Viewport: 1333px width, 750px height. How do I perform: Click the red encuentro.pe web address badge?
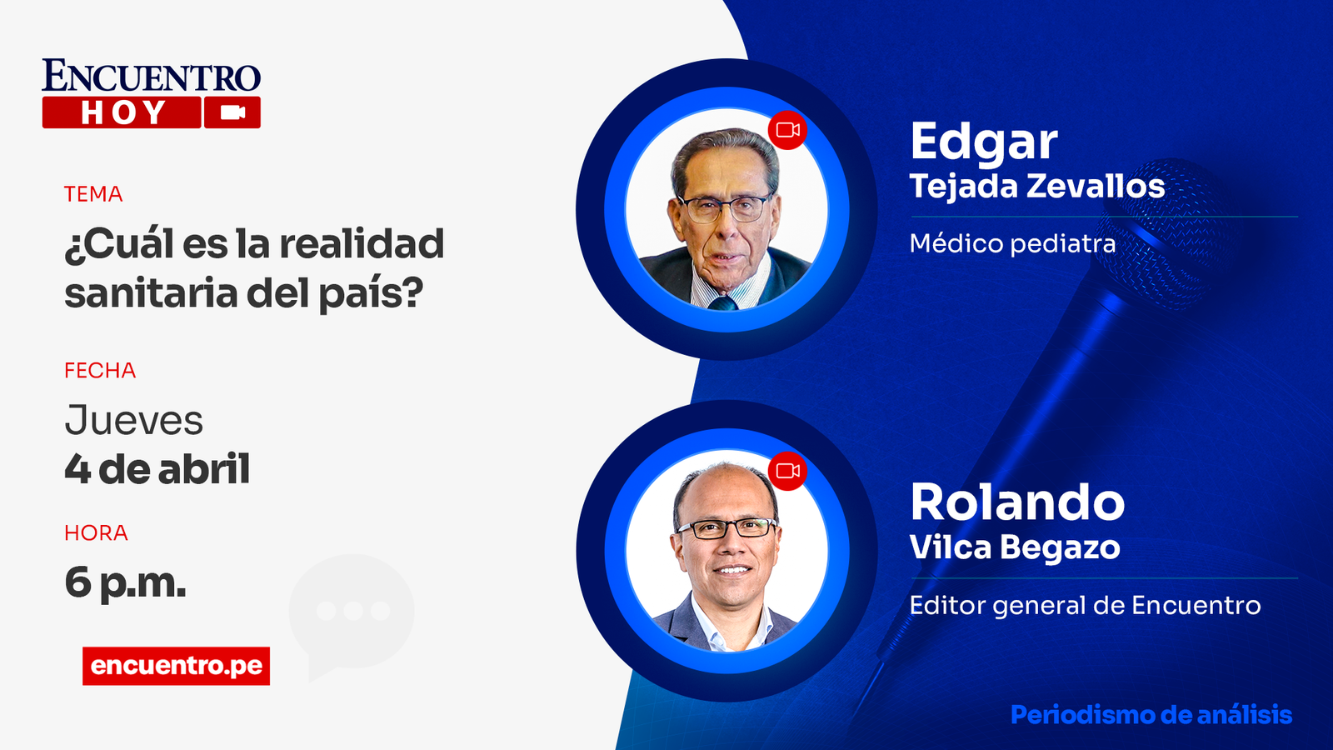pos(176,666)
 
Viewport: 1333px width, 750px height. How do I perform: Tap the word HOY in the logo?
pos(122,112)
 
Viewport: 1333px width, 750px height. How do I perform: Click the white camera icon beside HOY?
pos(232,112)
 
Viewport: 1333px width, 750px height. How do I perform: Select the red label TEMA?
pos(93,194)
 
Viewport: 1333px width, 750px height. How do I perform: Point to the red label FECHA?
pos(100,371)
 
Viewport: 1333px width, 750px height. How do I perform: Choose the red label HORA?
pos(96,533)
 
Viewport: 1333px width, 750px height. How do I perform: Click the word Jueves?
pos(134,421)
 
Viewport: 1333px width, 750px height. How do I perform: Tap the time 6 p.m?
pos(125,582)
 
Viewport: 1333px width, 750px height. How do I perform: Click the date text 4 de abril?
pos(157,469)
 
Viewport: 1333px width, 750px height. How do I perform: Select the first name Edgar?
pos(983,142)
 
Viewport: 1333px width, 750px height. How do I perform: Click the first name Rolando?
pos(1017,502)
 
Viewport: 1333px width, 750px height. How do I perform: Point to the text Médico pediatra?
pos(1012,243)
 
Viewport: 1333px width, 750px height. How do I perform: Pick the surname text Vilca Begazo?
pos(1015,547)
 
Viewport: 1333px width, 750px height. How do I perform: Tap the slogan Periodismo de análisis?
pos(1151,715)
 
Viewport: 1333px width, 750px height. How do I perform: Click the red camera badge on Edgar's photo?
pos(787,130)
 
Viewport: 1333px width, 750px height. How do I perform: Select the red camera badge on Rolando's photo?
pos(787,471)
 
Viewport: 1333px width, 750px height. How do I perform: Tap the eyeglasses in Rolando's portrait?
pos(726,528)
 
